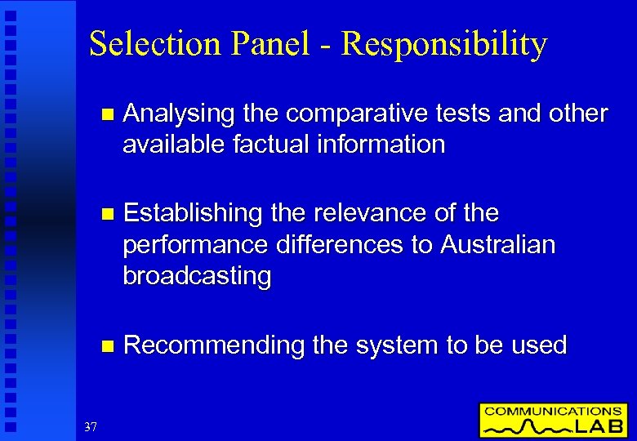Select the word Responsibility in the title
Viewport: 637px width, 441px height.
444,44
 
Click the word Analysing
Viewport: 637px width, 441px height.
177,114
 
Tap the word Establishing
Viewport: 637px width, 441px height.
193,213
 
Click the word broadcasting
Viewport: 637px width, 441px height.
197,277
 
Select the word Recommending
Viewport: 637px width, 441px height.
214,345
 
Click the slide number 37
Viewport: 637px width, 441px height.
90,426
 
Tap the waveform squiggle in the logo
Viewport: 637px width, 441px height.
531,426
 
